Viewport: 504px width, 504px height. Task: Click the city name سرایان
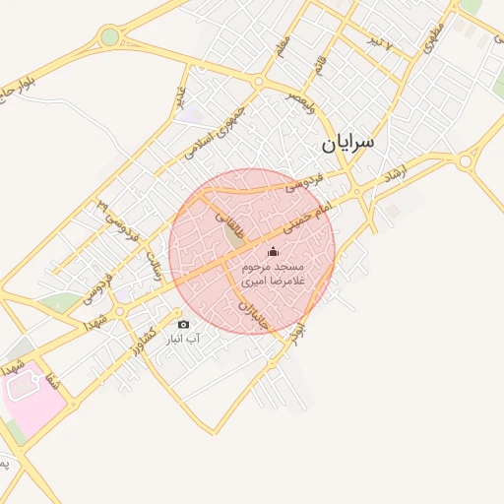[x=347, y=144]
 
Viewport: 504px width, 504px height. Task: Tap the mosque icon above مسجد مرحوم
[x=273, y=253]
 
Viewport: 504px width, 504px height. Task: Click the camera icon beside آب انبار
[x=183, y=324]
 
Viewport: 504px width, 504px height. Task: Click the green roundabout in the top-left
[x=108, y=37]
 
